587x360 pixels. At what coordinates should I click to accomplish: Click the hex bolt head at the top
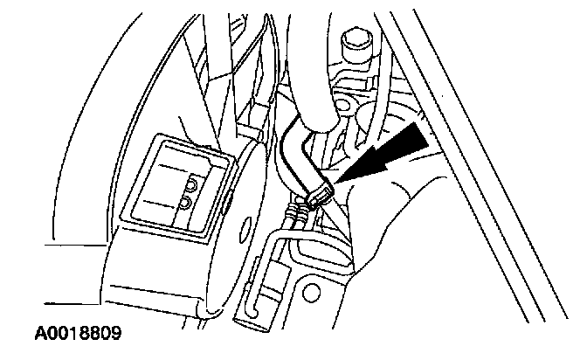356,41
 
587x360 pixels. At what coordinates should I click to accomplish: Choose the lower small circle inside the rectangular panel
186,204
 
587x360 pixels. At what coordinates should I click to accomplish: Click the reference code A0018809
79,334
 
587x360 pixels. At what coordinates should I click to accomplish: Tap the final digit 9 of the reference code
115,334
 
